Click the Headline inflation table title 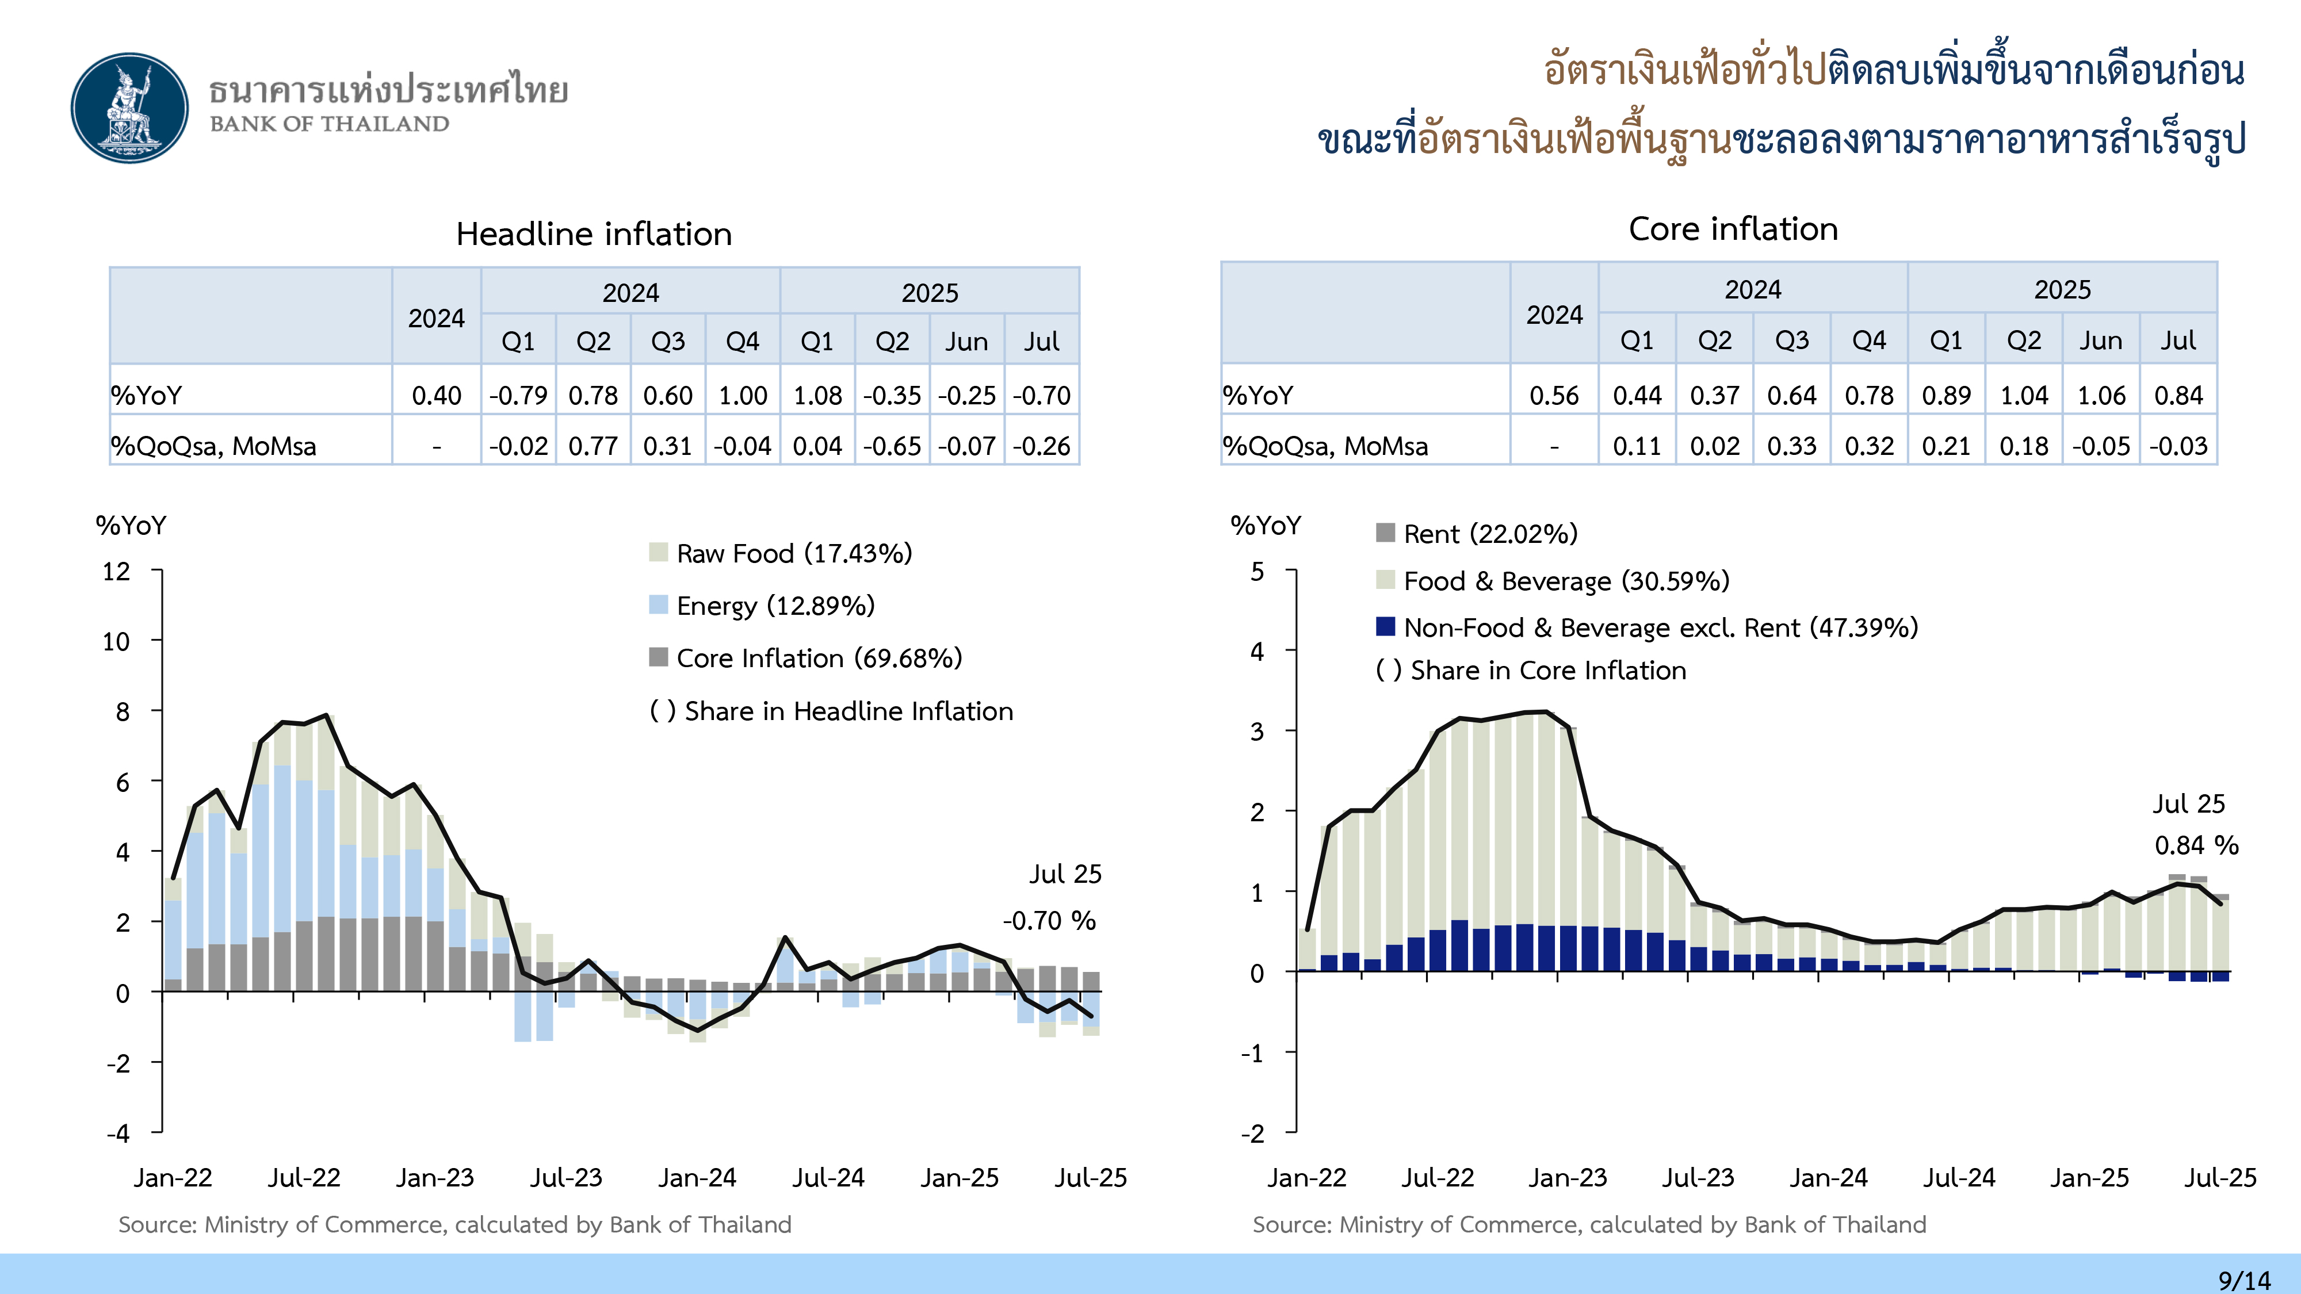coord(594,234)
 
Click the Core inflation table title coord(1733,229)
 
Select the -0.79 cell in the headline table coord(518,396)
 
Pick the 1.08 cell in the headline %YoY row coord(817,396)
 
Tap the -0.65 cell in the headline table coord(892,446)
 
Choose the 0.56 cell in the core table coord(1554,396)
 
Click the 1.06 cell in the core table coord(2101,396)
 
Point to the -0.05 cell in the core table coord(2101,446)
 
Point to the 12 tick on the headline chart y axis coord(116,572)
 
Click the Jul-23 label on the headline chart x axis coord(566,1178)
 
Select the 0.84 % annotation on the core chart coord(2196,845)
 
